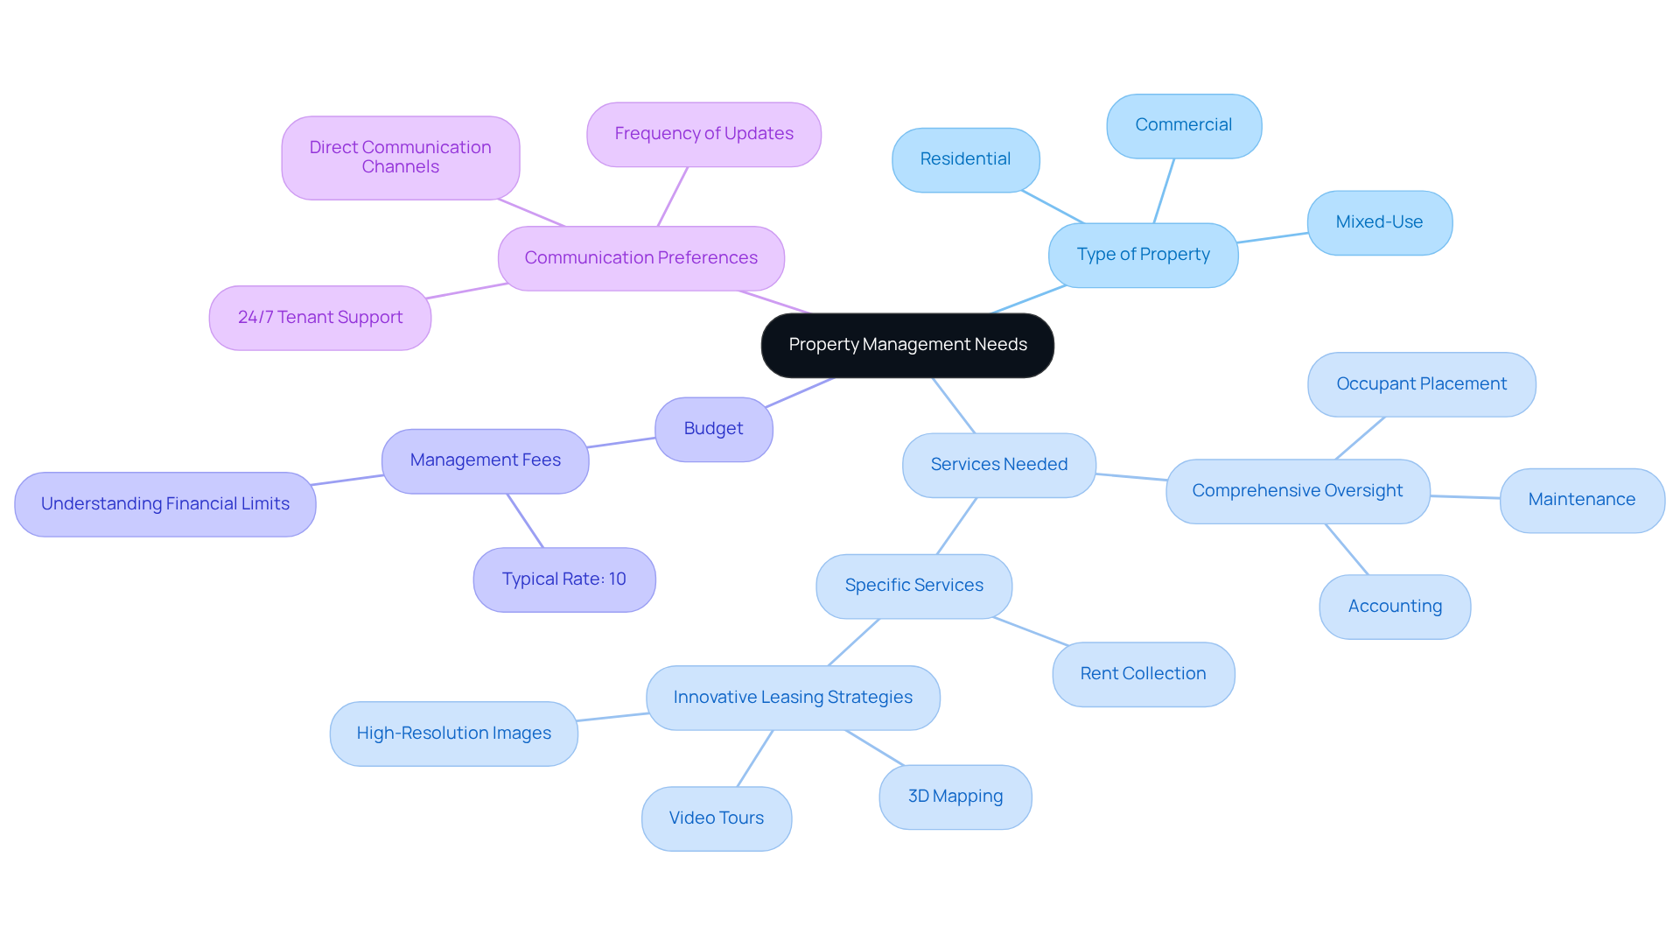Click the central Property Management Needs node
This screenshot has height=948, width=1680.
[x=907, y=345]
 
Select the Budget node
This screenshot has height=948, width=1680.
[x=713, y=429]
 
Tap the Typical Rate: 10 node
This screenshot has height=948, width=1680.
[x=564, y=579]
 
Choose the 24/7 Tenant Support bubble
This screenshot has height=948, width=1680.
[x=320, y=318]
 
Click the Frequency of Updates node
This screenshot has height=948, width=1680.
[x=703, y=134]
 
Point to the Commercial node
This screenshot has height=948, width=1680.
[x=1184, y=126]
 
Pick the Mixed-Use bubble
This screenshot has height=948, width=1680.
[x=1380, y=223]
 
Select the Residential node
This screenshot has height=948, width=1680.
[x=966, y=160]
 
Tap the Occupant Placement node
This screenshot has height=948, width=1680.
[x=1422, y=384]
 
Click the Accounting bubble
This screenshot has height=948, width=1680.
[x=1395, y=607]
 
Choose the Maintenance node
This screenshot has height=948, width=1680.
[x=1582, y=500]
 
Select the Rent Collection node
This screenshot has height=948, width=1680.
[x=1144, y=674]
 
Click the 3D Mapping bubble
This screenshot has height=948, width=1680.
[x=955, y=797]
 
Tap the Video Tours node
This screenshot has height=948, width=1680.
[x=717, y=818]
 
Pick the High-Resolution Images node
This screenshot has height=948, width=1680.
[x=454, y=734]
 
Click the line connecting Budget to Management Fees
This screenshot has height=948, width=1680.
[x=622, y=443]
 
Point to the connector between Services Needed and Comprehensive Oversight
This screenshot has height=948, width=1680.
[x=1130, y=477]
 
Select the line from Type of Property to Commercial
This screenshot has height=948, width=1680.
[x=1164, y=191]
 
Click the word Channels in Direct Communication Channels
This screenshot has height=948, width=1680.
[x=401, y=167]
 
